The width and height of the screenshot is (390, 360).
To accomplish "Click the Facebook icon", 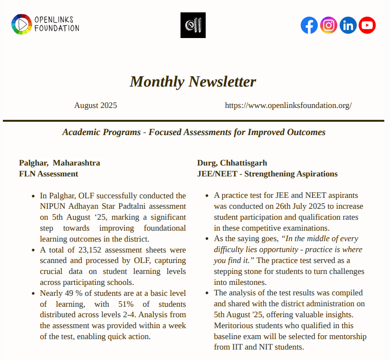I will tap(309, 25).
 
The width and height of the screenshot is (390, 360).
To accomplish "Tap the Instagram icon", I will tap(329, 25).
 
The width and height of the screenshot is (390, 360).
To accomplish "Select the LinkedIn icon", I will tap(348, 25).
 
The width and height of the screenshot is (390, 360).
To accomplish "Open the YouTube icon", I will tap(367, 25).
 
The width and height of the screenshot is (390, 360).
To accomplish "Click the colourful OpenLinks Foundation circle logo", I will tap(21, 24).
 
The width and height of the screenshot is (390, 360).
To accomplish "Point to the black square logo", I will tap(193, 25).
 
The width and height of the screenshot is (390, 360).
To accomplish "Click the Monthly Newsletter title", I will tap(193, 82).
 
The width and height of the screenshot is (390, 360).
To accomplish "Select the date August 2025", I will tap(95, 106).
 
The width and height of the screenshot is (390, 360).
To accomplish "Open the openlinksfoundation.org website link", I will tap(288, 106).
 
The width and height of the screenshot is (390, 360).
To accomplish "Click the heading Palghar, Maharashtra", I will tap(59, 163).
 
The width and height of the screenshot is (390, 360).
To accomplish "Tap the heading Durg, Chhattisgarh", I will tap(232, 163).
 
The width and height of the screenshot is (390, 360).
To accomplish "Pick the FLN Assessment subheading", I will tap(48, 174).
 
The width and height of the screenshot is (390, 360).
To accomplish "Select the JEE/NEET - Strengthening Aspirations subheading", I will tap(267, 174).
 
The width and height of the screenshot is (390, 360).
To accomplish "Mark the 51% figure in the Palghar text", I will tap(120, 304).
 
